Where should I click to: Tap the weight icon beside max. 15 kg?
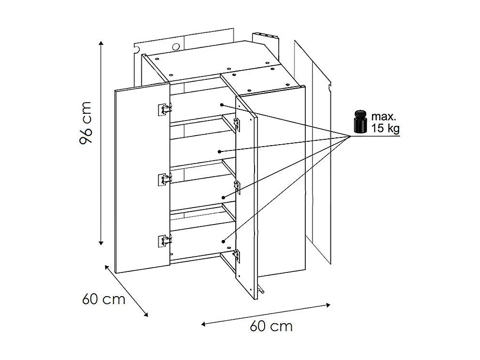click(360, 122)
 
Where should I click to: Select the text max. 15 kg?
click(386, 123)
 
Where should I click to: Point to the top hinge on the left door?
click(165, 109)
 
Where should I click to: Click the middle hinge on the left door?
click(165, 179)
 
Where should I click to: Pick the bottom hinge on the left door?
click(165, 240)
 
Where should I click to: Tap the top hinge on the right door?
click(237, 122)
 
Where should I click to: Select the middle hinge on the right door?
click(237, 186)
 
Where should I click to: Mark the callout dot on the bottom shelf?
click(224, 240)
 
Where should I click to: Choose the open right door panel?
click(246, 198)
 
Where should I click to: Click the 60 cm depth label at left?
click(104, 299)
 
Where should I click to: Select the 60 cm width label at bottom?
click(271, 326)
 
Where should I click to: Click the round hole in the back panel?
click(176, 47)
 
